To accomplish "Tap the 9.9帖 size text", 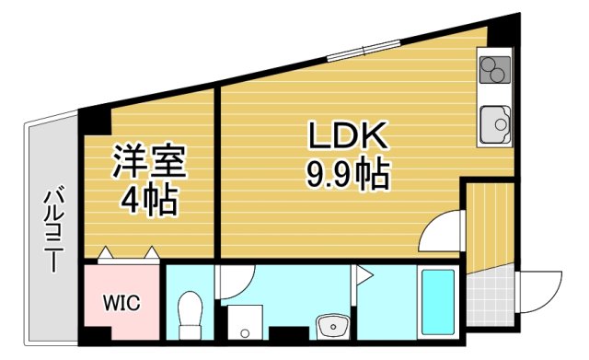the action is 348,172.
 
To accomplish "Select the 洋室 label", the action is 149,162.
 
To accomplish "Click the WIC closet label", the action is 121,303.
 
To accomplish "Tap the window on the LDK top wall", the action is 353,52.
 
